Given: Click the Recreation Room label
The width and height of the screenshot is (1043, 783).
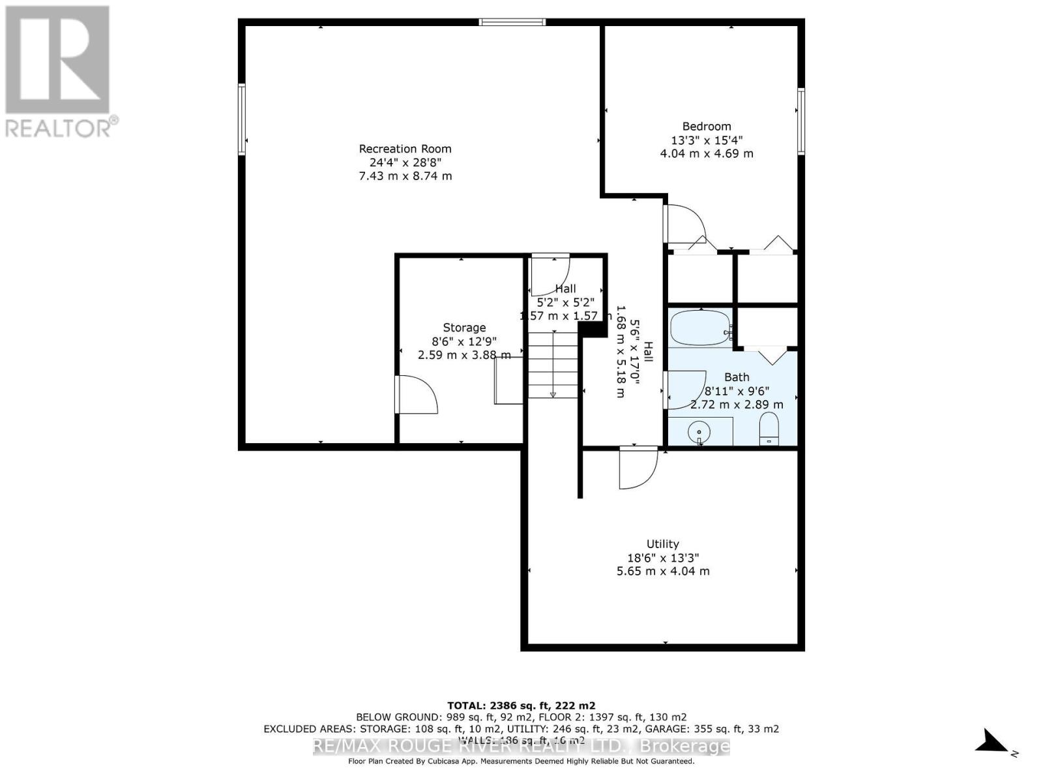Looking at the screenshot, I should tap(405, 149).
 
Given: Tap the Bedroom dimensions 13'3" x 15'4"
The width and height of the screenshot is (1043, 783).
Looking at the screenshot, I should tap(707, 140).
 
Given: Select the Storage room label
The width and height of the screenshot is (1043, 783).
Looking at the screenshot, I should tap(464, 328).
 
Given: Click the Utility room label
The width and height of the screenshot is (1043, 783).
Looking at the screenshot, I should tap(662, 544).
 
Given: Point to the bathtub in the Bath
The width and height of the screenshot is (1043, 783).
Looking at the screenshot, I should tap(699, 328).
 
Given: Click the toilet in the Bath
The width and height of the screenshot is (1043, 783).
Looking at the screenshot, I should tap(770, 429).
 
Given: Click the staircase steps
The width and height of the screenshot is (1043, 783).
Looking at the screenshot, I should tap(553, 365).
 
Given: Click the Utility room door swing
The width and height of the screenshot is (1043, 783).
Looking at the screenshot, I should tap(638, 468).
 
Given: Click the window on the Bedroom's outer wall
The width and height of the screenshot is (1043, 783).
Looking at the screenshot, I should tap(801, 121).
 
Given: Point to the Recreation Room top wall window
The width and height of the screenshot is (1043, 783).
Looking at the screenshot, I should tap(512, 22).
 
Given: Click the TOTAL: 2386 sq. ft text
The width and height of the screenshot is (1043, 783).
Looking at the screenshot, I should tap(521, 705).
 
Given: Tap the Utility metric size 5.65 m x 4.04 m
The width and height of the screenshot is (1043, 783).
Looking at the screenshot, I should tap(662, 571).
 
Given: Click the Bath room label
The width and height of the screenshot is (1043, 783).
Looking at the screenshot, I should tap(737, 377).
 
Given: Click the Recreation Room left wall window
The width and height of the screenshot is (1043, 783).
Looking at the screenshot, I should tap(242, 119).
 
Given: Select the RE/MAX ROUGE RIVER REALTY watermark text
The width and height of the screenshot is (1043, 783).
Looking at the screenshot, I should tap(521, 746).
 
